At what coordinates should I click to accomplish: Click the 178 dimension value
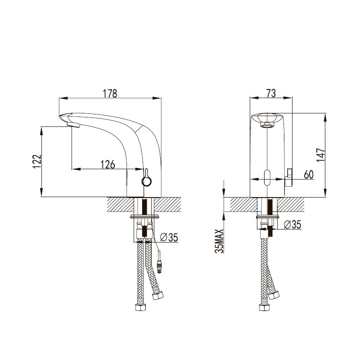tap(110, 94)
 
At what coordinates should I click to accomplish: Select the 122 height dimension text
tap(37, 162)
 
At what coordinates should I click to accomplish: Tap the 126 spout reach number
tap(108, 164)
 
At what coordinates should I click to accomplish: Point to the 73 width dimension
tap(271, 94)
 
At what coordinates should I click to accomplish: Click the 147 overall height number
tap(321, 155)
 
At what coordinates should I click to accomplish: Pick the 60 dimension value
tap(309, 175)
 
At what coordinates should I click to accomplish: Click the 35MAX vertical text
tap(219, 241)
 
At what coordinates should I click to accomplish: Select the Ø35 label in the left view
tap(169, 238)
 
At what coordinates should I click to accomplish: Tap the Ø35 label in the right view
tap(292, 225)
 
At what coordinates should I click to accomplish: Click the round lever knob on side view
tap(147, 181)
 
